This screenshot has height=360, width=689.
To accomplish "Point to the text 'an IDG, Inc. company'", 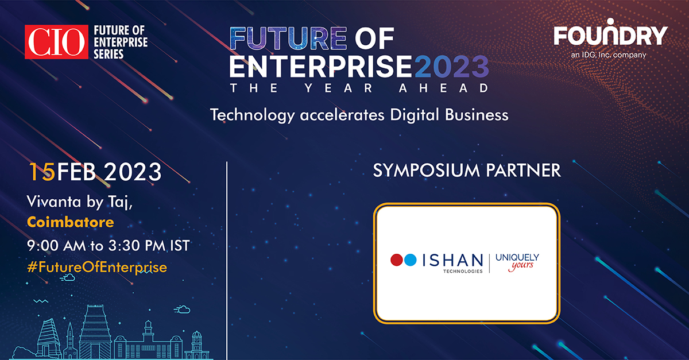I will coord(610,55).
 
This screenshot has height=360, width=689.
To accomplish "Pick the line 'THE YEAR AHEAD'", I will coord(359,88).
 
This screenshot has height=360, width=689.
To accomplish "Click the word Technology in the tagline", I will coord(252,115).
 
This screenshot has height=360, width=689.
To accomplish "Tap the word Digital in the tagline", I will coord(418,115).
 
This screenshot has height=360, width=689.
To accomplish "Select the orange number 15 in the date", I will coord(41,171).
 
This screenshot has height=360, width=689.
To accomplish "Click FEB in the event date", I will coord(76,171).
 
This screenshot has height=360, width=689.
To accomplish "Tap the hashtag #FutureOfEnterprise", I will coord(97,267).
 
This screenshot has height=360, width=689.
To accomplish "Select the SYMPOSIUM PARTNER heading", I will coord(467,171).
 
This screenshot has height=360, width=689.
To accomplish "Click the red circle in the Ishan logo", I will coord(396,260).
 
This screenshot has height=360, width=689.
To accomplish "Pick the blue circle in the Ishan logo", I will coord(409,260).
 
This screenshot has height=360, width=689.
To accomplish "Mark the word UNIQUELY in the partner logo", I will coord(517,257).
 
